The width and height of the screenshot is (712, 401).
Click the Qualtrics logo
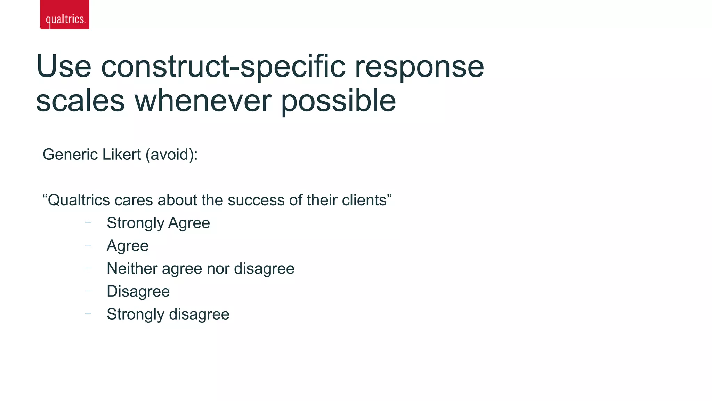(65, 15)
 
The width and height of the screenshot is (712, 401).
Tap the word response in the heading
(419, 67)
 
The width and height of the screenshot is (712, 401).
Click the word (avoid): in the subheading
(171, 155)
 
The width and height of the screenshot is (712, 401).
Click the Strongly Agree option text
(158, 223)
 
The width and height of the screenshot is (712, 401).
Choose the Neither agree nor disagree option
(200, 269)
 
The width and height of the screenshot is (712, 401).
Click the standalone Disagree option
(138, 291)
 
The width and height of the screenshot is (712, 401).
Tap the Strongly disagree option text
(168, 314)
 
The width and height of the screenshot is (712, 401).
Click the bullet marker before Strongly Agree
(88, 222)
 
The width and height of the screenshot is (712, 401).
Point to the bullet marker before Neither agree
(88, 268)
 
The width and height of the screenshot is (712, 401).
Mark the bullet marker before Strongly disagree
(88, 314)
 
